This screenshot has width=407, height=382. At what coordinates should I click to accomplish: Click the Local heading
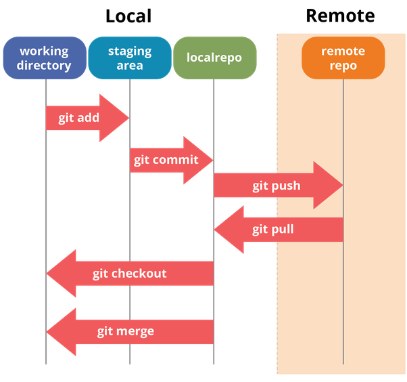(x=128, y=16)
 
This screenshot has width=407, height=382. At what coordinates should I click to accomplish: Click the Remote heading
(x=340, y=16)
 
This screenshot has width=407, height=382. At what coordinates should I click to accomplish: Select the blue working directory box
(x=45, y=58)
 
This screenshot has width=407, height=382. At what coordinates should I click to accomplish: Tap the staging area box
(x=129, y=58)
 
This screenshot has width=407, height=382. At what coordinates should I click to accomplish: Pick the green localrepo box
(x=214, y=58)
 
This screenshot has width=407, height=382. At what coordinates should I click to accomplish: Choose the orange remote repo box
(x=343, y=58)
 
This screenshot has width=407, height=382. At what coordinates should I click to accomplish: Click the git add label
(x=79, y=118)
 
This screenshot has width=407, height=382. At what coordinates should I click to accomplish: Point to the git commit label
(x=166, y=160)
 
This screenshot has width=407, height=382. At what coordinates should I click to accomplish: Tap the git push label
(x=277, y=186)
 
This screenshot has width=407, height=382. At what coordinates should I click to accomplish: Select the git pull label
(x=273, y=229)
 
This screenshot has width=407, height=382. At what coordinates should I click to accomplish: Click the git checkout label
(x=129, y=274)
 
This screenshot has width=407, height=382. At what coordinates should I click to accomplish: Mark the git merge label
(x=125, y=331)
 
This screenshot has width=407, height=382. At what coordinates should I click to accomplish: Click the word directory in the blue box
(x=45, y=66)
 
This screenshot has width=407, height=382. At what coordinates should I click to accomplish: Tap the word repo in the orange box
(x=343, y=66)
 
